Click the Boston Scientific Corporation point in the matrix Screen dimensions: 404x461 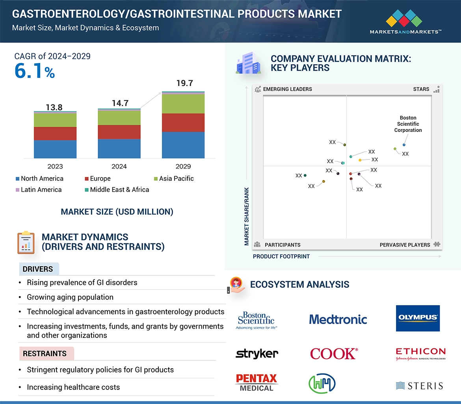point(404,145)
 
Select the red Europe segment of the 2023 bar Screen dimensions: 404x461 point(55,133)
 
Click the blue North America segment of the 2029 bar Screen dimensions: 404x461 point(183,145)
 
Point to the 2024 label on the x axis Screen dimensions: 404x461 point(119,167)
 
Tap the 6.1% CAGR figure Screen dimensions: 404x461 point(35,71)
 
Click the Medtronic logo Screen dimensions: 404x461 point(338,319)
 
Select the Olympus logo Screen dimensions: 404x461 point(418,318)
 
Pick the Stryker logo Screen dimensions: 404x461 point(257,354)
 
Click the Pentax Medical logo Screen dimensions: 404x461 point(257,382)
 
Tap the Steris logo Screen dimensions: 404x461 point(419,385)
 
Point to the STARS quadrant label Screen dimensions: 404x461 point(421,89)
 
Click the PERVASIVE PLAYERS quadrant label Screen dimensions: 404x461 point(405,245)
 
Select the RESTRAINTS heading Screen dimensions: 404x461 point(45,354)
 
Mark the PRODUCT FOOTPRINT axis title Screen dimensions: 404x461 point(281,257)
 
